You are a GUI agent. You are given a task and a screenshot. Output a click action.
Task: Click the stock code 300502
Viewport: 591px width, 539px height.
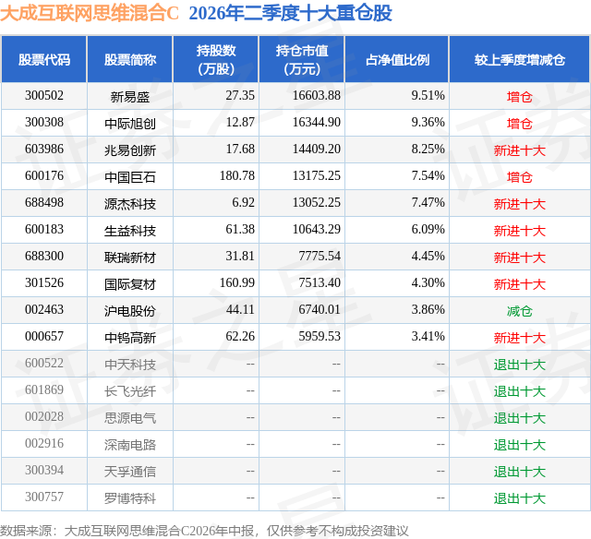coord(44,96)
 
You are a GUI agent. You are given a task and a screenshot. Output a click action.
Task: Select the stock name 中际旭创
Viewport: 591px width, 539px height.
coord(130,123)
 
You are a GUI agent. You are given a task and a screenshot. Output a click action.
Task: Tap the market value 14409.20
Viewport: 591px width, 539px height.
coord(317,150)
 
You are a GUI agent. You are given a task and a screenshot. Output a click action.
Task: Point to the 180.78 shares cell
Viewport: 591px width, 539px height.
coord(237,176)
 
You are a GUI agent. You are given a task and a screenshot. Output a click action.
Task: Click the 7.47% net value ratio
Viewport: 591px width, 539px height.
coord(428,203)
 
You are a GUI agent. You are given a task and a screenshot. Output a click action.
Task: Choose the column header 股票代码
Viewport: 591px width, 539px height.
coord(44,59)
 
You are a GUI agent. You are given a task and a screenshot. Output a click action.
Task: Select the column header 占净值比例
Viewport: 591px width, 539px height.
coord(398,59)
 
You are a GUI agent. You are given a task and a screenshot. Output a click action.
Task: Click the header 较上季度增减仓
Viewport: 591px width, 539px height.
coord(520,59)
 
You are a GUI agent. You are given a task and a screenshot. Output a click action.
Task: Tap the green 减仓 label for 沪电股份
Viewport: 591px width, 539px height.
coord(520,311)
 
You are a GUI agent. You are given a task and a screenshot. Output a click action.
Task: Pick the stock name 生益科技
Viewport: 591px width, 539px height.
coord(130,231)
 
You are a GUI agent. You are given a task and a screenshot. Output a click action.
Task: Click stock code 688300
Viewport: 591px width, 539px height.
coord(44,257)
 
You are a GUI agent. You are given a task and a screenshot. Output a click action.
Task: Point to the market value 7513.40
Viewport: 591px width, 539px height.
coord(320,282)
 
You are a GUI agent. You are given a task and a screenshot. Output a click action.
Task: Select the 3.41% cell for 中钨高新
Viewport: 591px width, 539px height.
coord(428,336)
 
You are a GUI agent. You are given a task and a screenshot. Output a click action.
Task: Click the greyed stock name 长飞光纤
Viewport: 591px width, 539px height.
coord(130,391)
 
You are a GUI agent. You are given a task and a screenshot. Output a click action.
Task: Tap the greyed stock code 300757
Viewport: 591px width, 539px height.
coord(44,497)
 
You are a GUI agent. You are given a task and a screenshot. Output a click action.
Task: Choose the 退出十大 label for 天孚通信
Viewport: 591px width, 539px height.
coord(520,472)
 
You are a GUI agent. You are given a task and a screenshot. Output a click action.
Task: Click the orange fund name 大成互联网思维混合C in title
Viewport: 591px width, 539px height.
coord(90,13)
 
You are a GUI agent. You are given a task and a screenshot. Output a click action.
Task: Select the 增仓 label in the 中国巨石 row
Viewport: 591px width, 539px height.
coord(520,177)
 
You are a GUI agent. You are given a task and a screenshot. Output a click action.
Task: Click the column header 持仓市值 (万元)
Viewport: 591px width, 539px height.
coord(302,59)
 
